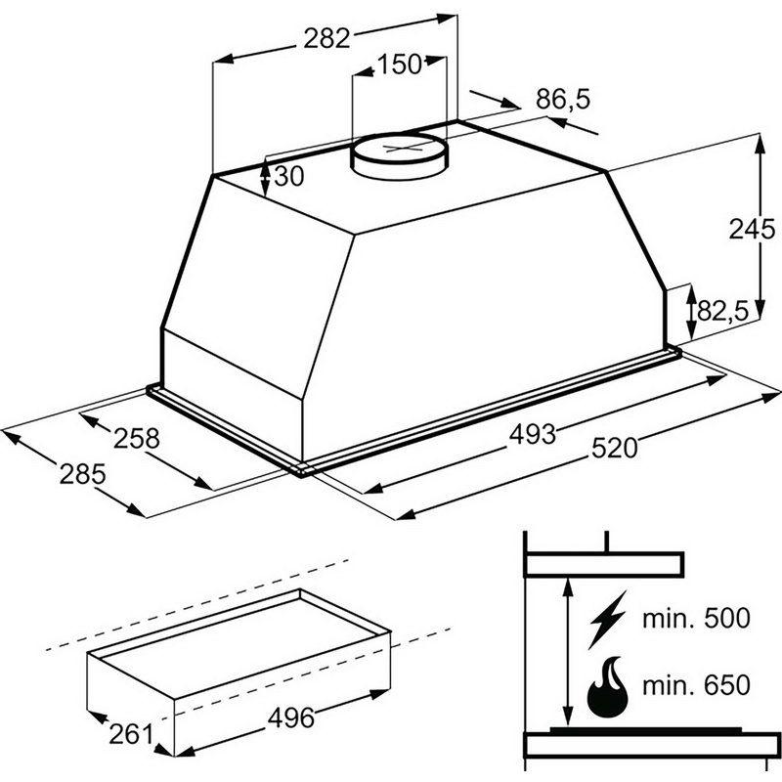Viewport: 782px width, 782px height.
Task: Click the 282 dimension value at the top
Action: [x=327, y=38]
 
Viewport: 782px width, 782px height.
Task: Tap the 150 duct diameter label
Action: [x=400, y=65]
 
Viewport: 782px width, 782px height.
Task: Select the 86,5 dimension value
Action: [x=563, y=100]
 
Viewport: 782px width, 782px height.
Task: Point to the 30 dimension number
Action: [x=288, y=176]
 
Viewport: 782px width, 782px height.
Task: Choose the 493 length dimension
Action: [x=532, y=434]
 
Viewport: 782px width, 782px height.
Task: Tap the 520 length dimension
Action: [x=615, y=448]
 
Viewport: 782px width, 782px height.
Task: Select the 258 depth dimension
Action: [x=137, y=438]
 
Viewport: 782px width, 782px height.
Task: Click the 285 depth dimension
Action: [x=83, y=474]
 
